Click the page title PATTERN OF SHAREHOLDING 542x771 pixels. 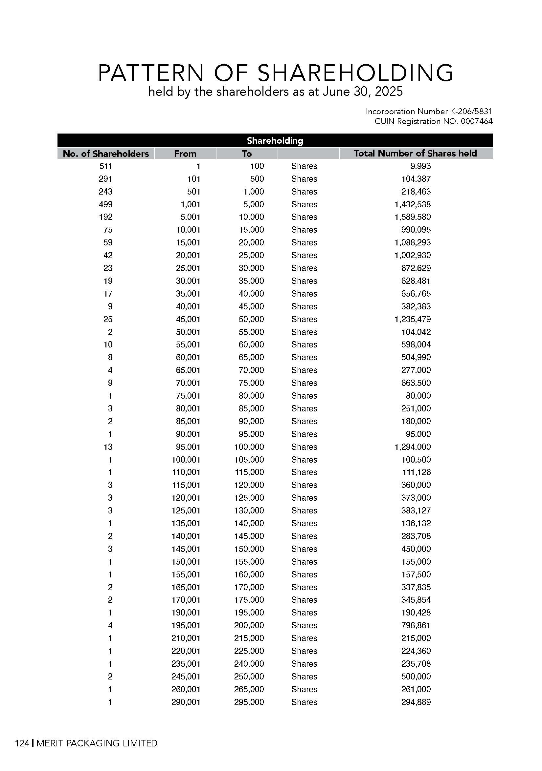[x=275, y=73]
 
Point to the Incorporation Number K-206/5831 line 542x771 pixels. [x=429, y=112]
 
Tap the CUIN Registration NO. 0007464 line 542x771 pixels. [x=433, y=121]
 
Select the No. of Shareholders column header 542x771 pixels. [x=105, y=154]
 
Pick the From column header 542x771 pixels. [x=185, y=154]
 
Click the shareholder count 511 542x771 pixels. [x=105, y=166]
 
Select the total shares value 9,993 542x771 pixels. [x=420, y=166]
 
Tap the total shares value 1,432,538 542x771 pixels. [x=413, y=204]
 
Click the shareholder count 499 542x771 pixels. [x=105, y=204]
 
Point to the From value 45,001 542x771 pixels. [x=188, y=319]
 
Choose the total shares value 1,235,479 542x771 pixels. [x=413, y=319]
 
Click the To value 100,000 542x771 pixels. [x=249, y=447]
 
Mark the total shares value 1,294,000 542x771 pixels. [x=413, y=447]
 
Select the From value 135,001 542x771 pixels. [x=186, y=524]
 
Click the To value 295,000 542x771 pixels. [x=249, y=702]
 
